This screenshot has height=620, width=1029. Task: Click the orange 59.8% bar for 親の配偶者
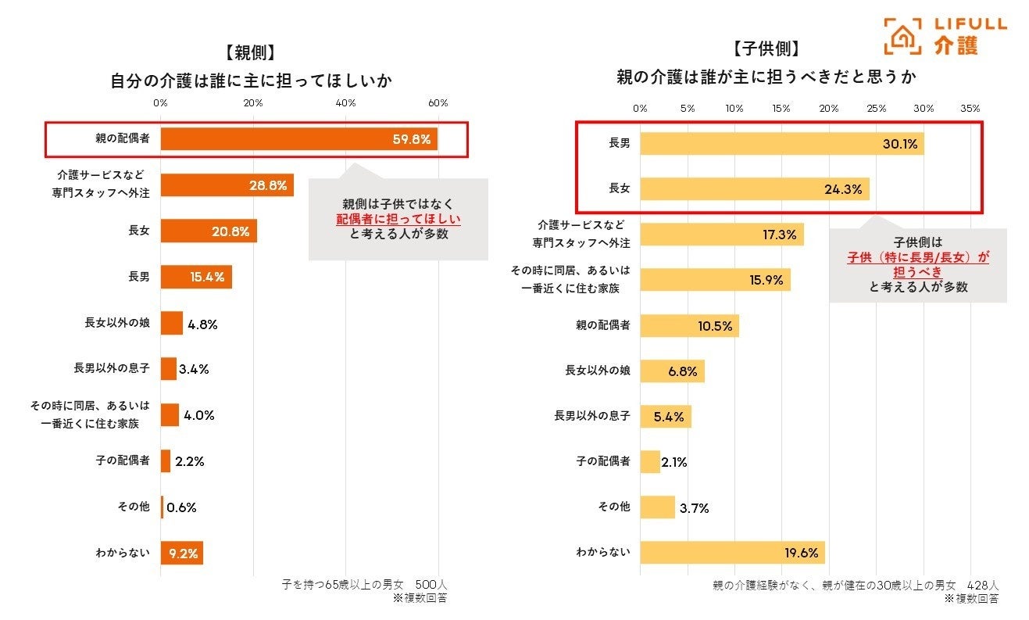pyautogui.click(x=298, y=139)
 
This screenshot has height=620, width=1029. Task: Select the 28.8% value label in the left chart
pyautogui.click(x=268, y=186)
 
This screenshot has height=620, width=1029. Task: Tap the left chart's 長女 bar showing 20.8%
pyautogui.click(x=209, y=231)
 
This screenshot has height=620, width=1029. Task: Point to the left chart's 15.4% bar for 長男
pyautogui.click(x=196, y=277)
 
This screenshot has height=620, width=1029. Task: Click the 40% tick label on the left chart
pyautogui.click(x=345, y=103)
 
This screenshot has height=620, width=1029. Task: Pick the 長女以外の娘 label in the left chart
pyautogui.click(x=117, y=323)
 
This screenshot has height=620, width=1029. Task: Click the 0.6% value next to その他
pyautogui.click(x=181, y=507)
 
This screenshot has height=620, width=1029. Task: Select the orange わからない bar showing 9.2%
pyautogui.click(x=182, y=553)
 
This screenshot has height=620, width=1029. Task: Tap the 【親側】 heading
pyautogui.click(x=249, y=53)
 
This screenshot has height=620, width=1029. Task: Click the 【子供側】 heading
pyautogui.click(x=766, y=48)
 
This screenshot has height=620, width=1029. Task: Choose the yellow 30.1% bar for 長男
pyautogui.click(x=781, y=143)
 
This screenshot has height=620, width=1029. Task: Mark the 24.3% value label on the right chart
pyautogui.click(x=843, y=188)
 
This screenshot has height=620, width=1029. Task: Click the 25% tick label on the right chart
pyautogui.click(x=876, y=108)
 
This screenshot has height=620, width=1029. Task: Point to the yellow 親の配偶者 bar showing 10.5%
pyautogui.click(x=689, y=326)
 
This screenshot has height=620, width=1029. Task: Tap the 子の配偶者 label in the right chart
pyautogui.click(x=603, y=461)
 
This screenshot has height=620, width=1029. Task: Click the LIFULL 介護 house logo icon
pyautogui.click(x=902, y=36)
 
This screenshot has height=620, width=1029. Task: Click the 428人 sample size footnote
pyautogui.click(x=983, y=585)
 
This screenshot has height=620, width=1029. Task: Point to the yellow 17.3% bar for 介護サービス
pyautogui.click(x=721, y=235)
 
